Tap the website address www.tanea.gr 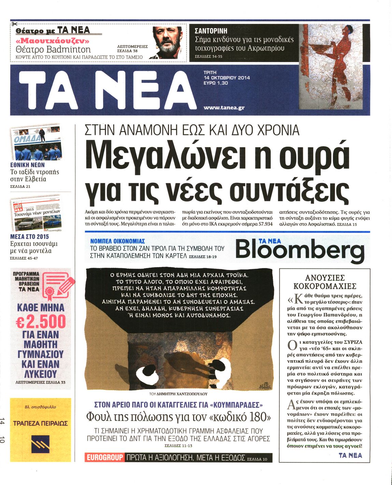[224, 107]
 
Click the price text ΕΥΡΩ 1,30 [216, 83]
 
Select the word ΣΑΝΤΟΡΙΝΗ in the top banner [211, 31]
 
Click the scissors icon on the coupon [14, 24]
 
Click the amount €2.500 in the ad [41, 322]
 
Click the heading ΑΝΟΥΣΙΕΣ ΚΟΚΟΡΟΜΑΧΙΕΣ [325, 282]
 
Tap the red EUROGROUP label [104, 457]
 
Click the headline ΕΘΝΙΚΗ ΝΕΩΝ [27, 165]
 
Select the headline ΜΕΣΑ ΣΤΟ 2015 [30, 236]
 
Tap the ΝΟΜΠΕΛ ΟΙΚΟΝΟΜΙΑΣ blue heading [118, 241]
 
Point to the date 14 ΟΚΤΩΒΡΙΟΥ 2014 [227, 78]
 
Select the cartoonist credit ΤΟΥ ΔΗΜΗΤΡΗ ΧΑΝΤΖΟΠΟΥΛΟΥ [178, 394]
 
